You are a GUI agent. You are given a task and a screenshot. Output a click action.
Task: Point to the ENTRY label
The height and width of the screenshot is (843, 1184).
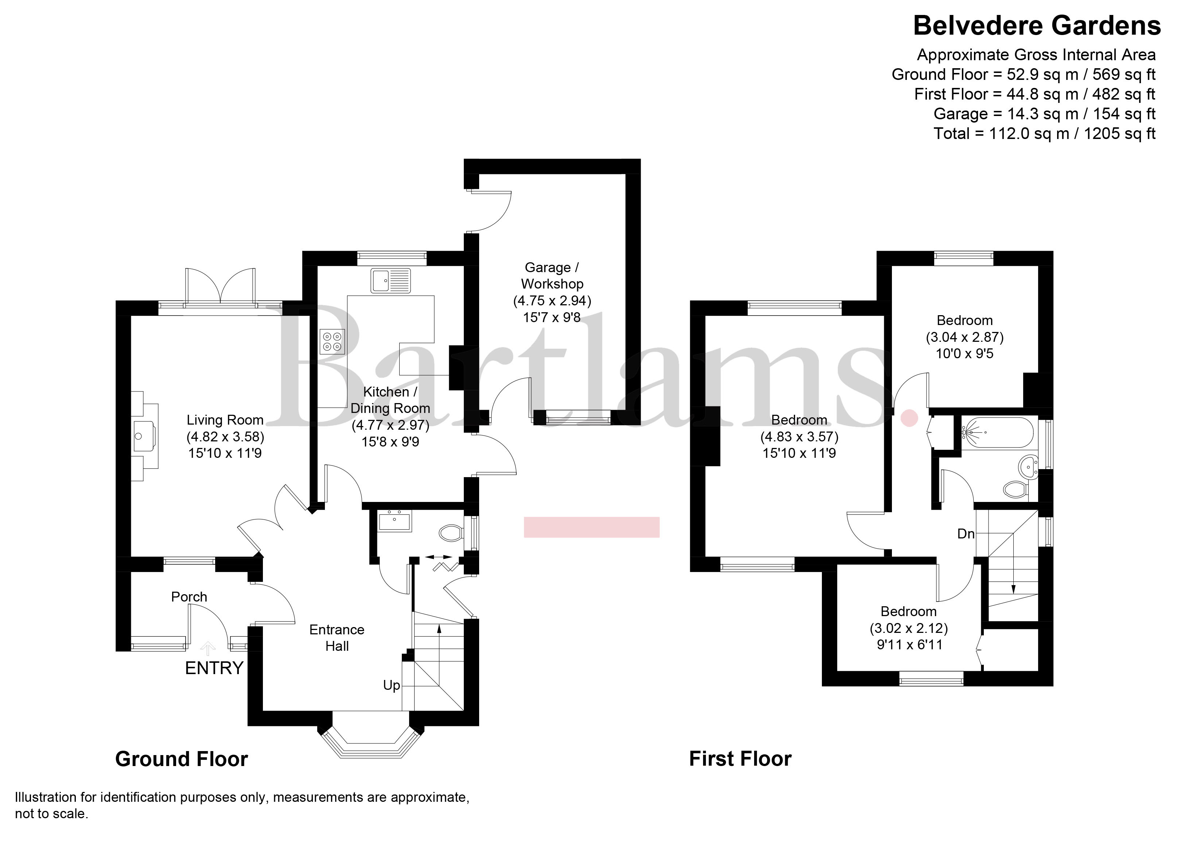coord(214,668)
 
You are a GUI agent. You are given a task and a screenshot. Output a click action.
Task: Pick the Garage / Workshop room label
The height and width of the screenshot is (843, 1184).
coord(552,276)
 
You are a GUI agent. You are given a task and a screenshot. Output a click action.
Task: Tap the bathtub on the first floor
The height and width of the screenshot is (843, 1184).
coord(997,432)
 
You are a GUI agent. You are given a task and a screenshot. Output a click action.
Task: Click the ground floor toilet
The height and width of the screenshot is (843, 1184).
coord(450,533)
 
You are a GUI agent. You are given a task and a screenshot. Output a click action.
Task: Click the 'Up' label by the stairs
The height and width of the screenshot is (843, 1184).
coord(391,685)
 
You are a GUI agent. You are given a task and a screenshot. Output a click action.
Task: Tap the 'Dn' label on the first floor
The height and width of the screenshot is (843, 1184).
coord(966,534)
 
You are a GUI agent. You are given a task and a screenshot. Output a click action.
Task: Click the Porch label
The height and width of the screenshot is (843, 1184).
coord(189,597)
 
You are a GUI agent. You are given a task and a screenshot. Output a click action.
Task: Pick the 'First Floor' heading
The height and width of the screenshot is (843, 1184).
coord(740,759)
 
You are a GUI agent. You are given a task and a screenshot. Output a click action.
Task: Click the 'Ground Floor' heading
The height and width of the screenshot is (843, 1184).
coord(182,759)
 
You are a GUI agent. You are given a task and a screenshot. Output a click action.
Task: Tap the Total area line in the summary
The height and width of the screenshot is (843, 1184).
coord(1044,134)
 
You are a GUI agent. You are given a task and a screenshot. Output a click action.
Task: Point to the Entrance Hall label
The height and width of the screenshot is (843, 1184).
coord(337,638)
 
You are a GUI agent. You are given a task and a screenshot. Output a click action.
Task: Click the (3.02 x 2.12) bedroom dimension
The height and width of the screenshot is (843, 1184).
coord(908,629)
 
